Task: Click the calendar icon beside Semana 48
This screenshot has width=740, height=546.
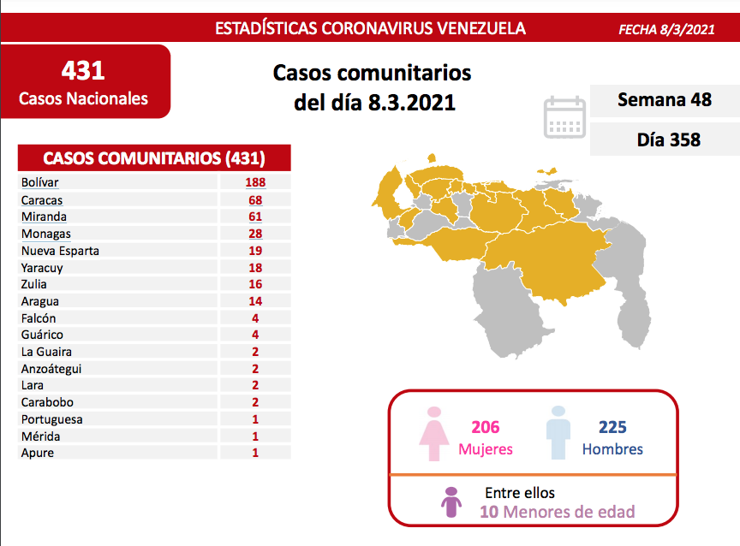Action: coord(565,117)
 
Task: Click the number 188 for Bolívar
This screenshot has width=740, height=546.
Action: coord(254,182)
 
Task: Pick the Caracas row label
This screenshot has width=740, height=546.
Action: coord(43,199)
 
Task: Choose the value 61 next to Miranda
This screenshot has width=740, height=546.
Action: coord(254,217)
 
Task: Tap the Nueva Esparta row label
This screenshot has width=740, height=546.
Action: coord(60,251)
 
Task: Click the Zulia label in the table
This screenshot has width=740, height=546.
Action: coord(35,284)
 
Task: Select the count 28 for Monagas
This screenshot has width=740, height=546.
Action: coord(254,234)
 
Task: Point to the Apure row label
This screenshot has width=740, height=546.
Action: coord(38,453)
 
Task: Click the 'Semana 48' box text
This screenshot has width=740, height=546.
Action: coord(665,100)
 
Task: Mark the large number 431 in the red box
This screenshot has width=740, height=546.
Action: coord(83,70)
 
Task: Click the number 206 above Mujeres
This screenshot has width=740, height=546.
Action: coord(485,427)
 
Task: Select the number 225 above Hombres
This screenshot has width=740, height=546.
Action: coord(612,427)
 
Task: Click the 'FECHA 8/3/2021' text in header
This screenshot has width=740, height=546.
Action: coord(666,29)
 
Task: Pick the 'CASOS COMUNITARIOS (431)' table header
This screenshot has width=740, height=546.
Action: coord(154,158)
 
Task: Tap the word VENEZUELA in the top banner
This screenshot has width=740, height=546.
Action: coord(482,28)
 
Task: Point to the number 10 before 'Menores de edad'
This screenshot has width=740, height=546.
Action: coord(489,512)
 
